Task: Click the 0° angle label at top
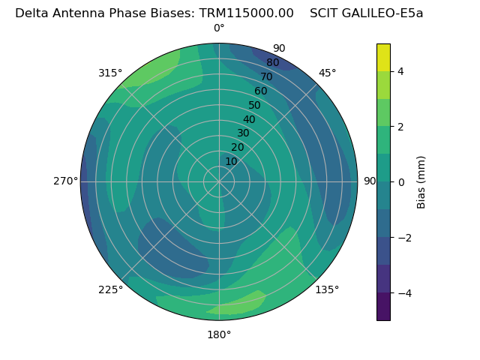click(219, 28)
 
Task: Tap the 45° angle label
click(328, 73)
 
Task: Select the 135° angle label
click(327, 289)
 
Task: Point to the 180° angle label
click(219, 334)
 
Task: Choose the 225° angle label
click(110, 289)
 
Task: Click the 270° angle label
click(66, 181)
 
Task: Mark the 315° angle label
click(110, 73)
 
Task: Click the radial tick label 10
click(231, 161)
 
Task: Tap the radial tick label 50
click(254, 105)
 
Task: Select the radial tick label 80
click(272, 62)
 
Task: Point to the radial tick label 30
click(243, 133)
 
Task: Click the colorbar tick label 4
click(400, 71)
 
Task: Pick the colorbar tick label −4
click(403, 292)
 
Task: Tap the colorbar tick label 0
click(400, 181)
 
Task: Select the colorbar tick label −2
click(403, 237)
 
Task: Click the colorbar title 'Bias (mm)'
click(421, 181)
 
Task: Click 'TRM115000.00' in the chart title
click(246, 13)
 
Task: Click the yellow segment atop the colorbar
click(383, 57)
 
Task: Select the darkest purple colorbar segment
click(383, 306)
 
